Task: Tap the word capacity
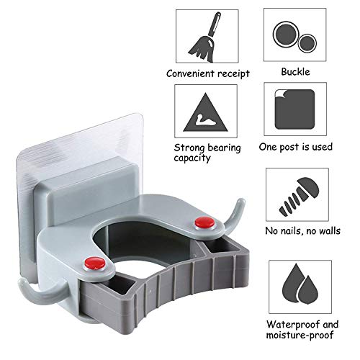tap(191, 158)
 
